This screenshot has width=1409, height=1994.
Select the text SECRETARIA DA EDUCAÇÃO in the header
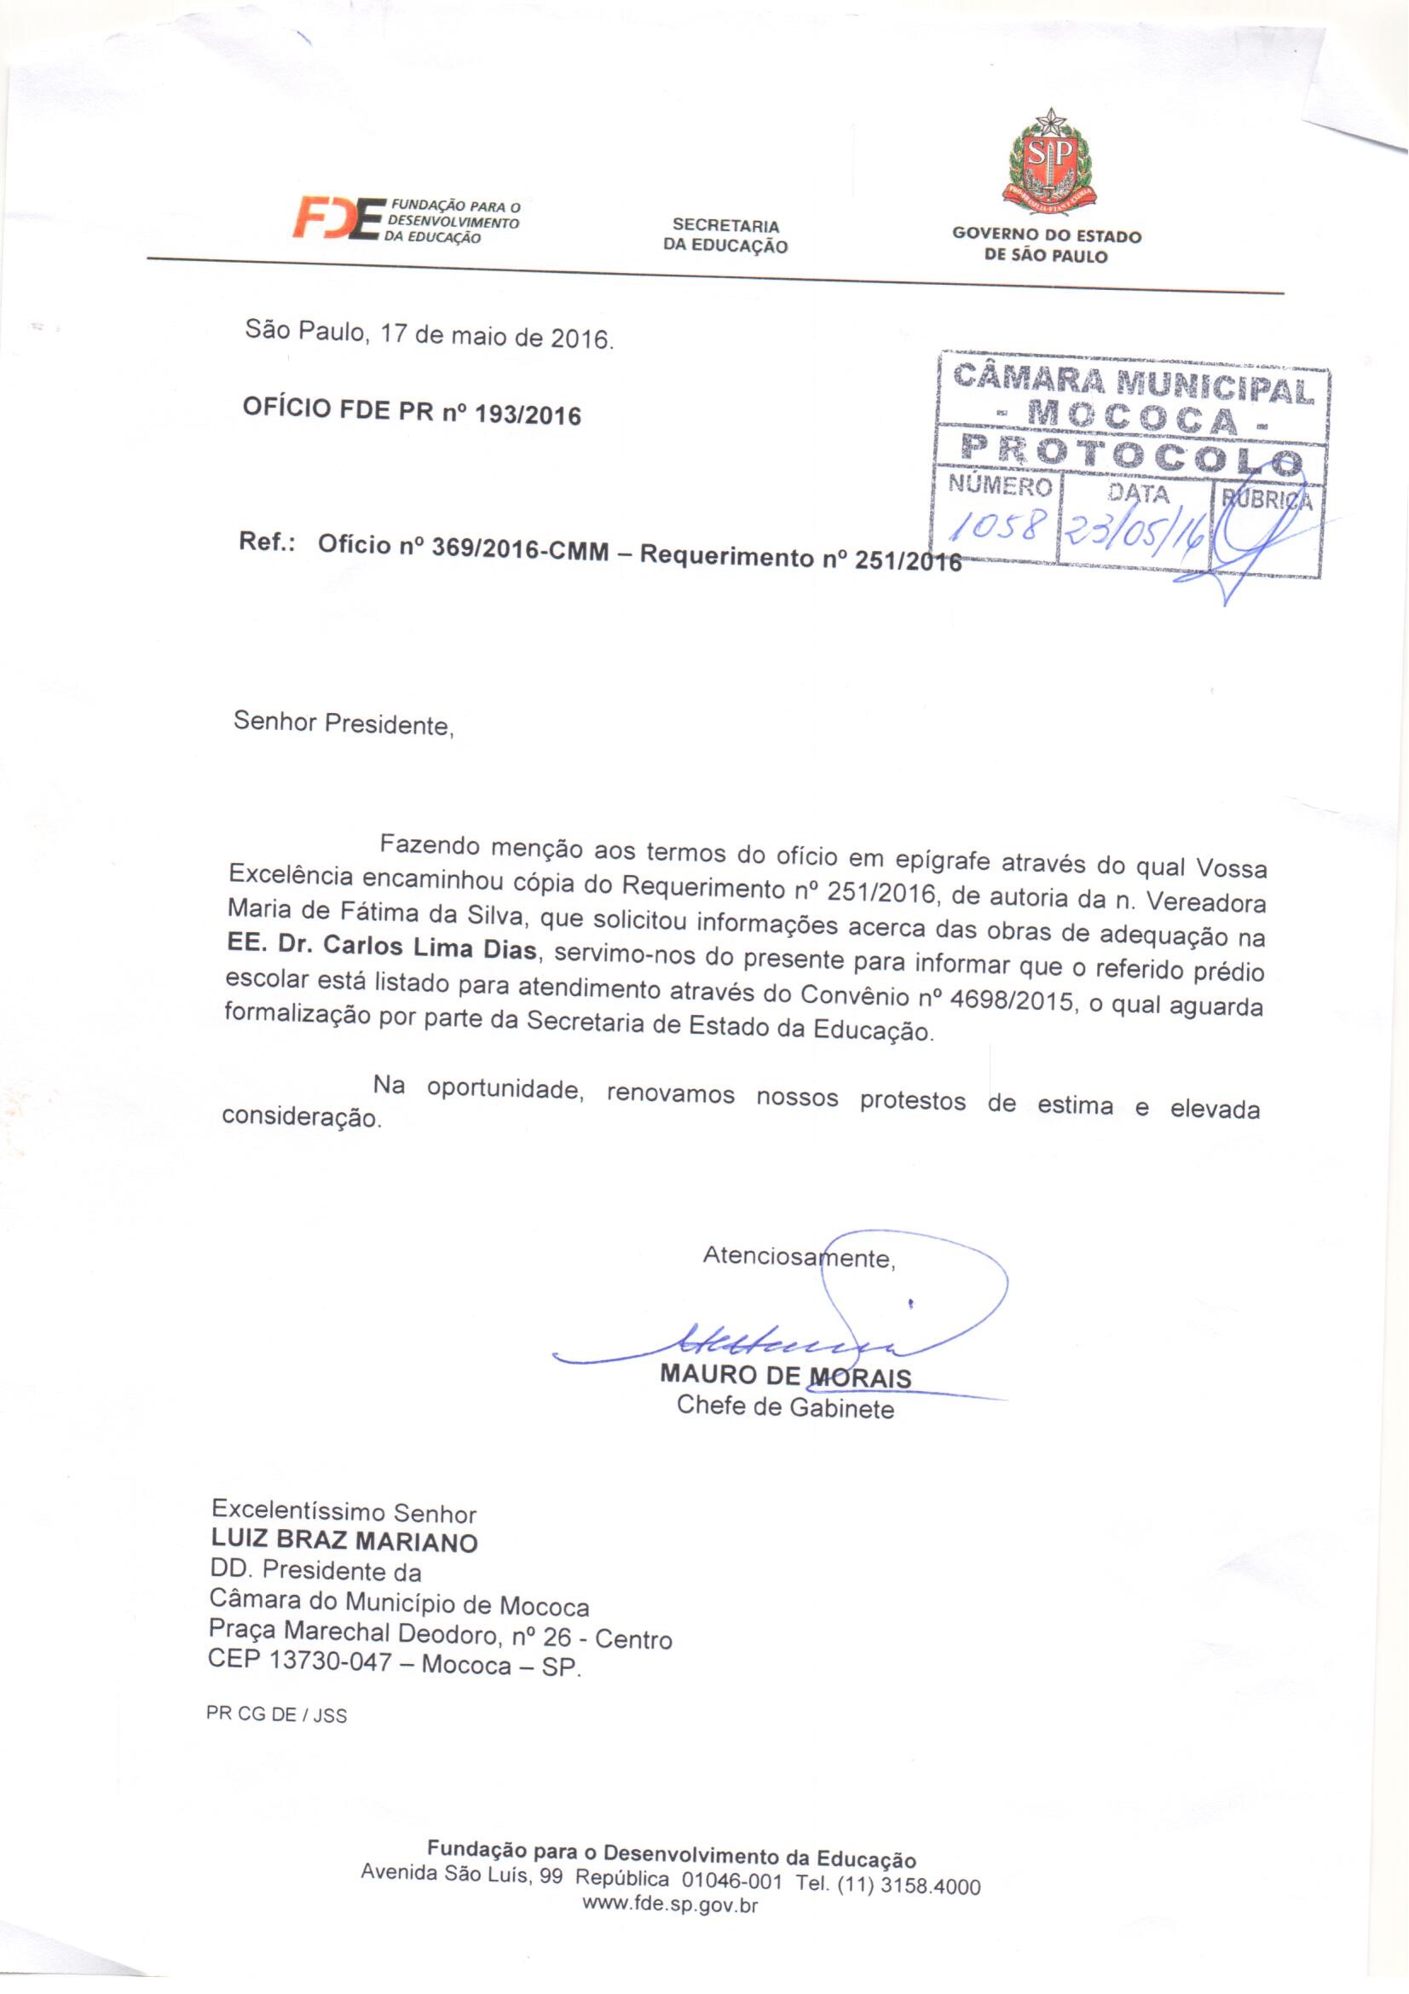(725, 236)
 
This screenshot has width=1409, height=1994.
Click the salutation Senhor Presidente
(344, 722)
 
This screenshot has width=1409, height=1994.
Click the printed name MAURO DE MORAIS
(785, 1377)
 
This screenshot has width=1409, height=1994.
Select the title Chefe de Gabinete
(785, 1407)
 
